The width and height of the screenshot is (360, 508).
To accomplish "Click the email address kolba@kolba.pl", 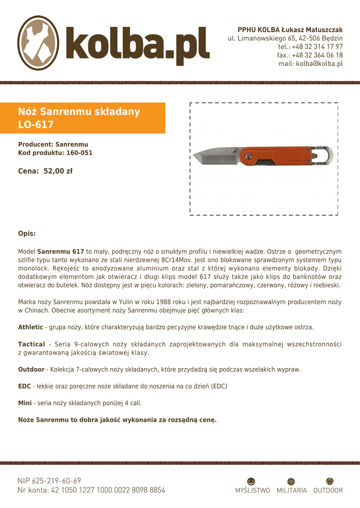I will coord(310,63).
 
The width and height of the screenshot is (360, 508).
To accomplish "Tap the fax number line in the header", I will coord(310,55).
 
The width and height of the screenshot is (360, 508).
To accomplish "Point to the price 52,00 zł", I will coord(58,171).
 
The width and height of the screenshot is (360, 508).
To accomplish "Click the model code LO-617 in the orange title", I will coord(36,125).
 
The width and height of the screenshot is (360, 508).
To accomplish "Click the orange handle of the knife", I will coord(278,156).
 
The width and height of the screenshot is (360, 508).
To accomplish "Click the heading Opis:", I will coord(27,233).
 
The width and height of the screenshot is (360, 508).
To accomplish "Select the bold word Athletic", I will coord(31,327).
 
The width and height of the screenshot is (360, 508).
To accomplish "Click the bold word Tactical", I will coord(31,344).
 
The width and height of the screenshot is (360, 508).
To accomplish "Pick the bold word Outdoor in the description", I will coord(31,370).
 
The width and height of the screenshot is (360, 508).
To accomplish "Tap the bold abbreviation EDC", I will coord(24,386).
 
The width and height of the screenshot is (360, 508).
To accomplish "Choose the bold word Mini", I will coord(25,403).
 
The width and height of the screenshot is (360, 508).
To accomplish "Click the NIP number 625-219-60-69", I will coord(56,481).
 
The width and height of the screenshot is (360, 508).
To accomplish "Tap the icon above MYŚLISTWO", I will coord(251,481).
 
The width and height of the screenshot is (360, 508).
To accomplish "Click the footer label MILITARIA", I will coord(291,491).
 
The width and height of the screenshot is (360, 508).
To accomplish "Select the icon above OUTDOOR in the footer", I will coord(330,481).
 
